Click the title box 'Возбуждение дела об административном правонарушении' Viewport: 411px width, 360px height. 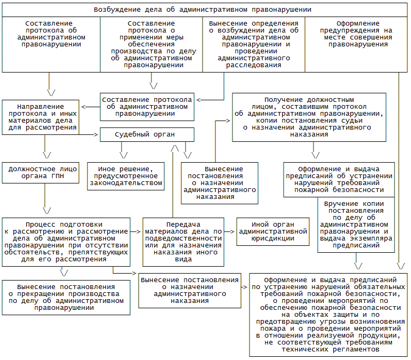[203, 10]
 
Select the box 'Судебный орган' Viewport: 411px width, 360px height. [146, 134]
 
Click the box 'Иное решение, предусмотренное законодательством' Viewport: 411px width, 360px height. [125, 175]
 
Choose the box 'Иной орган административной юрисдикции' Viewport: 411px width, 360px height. [273, 231]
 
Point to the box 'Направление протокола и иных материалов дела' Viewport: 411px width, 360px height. [41, 116]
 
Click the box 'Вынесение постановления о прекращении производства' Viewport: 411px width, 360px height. [66, 297]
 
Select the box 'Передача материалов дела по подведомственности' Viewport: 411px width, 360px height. [182, 242]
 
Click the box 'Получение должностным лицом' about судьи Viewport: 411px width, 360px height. [309, 117]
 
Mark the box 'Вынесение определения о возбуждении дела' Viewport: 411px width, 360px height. [253, 45]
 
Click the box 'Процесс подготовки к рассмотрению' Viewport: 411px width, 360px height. [66, 242]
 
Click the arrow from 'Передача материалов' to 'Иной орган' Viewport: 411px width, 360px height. [229, 231]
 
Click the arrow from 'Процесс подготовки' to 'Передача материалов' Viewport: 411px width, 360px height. [136, 231]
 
